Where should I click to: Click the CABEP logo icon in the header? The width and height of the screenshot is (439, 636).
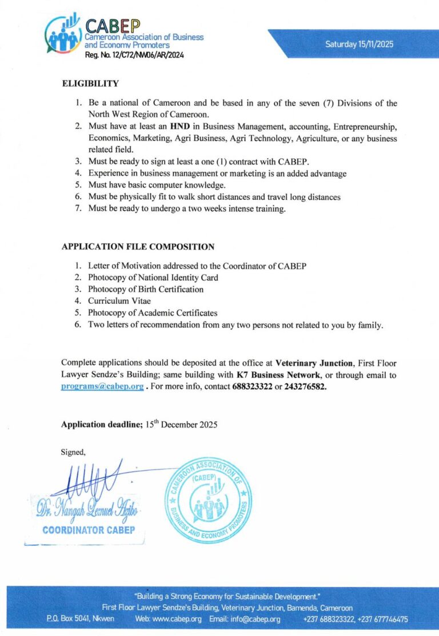click(63, 35)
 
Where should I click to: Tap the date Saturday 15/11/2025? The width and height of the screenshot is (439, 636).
click(359, 44)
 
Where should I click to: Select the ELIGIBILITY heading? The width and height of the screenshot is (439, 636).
click(90, 84)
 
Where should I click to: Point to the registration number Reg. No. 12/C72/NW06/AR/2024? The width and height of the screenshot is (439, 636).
click(134, 55)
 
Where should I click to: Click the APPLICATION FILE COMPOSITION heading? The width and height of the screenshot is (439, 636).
click(138, 247)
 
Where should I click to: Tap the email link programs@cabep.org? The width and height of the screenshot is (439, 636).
click(102, 386)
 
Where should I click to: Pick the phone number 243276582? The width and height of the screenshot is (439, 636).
click(305, 386)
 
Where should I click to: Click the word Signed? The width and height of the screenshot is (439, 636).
click(73, 452)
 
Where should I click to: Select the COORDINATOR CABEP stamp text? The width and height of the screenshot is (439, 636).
click(88, 530)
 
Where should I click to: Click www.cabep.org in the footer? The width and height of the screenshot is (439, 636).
click(177, 619)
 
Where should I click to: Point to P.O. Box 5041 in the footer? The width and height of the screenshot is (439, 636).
click(71, 619)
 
